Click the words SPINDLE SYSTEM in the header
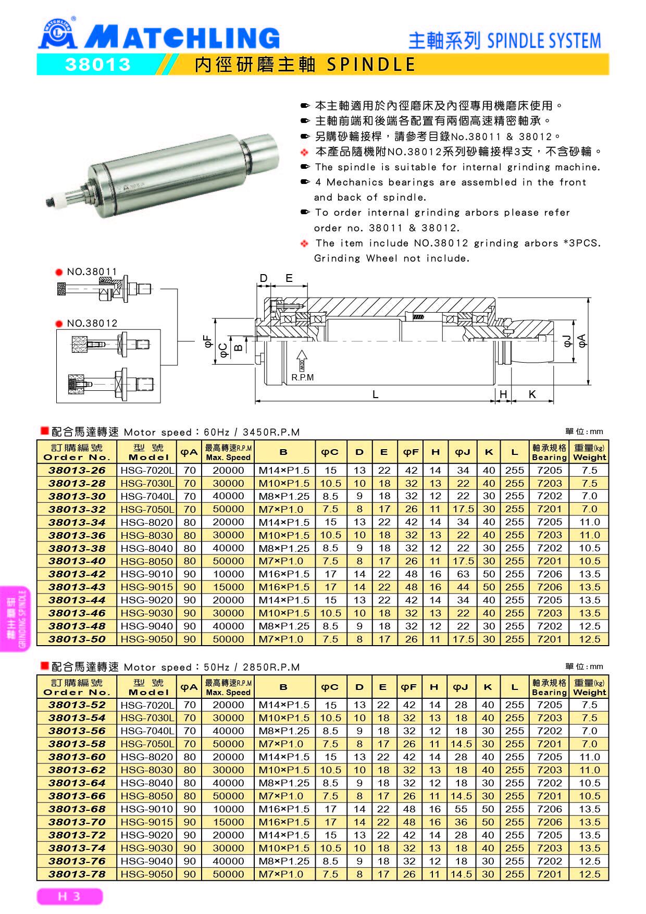click(543, 41)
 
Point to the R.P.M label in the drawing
click(303, 377)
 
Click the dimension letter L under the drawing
click(375, 394)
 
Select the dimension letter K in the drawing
click(532, 394)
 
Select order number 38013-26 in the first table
click(77, 470)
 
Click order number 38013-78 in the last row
click(77, 874)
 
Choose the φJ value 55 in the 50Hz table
click(461, 809)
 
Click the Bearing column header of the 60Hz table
click(549, 452)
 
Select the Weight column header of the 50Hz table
click(589, 687)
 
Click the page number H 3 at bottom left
click(69, 896)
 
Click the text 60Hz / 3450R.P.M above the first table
click(252, 432)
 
